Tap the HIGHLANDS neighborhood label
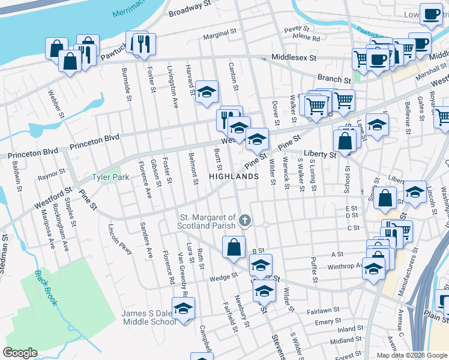234,176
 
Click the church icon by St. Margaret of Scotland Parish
244,221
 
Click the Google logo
20,353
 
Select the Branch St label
334,79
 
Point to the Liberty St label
320,154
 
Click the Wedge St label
224,278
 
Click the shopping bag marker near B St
234,247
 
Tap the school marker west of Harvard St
206,92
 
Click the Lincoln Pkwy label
120,239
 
